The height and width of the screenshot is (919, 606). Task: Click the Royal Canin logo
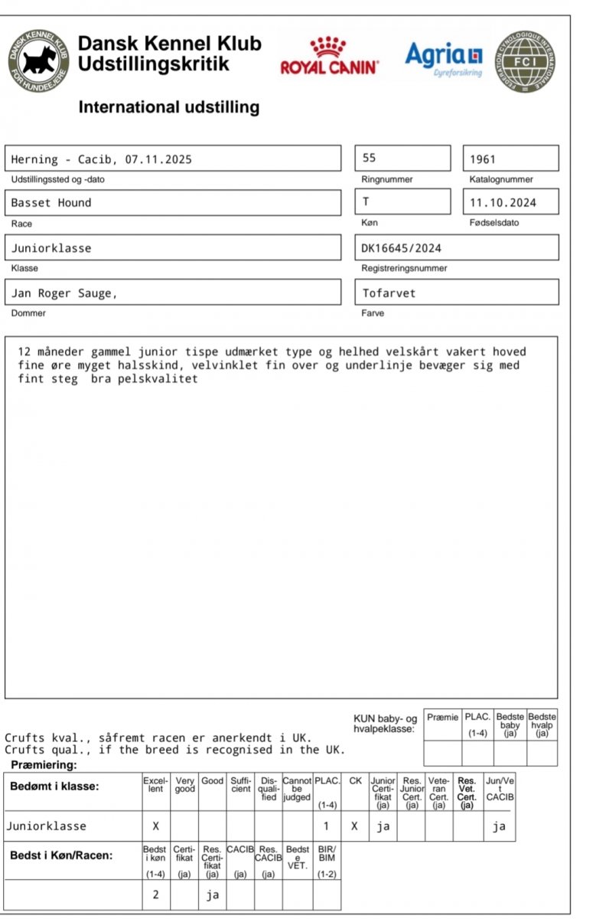coord(329,55)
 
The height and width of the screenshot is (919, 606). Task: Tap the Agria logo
coord(445,57)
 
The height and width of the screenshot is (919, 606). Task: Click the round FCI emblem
coord(525,62)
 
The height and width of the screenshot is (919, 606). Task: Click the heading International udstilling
coord(168,107)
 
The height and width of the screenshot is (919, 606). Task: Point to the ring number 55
coord(370,159)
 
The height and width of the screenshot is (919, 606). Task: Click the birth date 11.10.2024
coord(503,203)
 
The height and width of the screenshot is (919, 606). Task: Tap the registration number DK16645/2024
coord(401,248)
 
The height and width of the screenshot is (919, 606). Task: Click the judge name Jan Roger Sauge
coord(64,293)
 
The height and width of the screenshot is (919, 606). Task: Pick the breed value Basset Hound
coord(50,203)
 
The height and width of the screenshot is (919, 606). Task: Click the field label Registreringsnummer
coord(404,269)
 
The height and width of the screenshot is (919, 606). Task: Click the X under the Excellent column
coord(155,826)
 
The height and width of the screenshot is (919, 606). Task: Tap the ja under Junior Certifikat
coord(383,826)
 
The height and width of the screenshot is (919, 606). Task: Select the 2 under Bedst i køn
coord(155,894)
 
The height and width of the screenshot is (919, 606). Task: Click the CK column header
coord(355,781)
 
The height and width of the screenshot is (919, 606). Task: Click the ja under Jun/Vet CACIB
coord(499,826)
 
